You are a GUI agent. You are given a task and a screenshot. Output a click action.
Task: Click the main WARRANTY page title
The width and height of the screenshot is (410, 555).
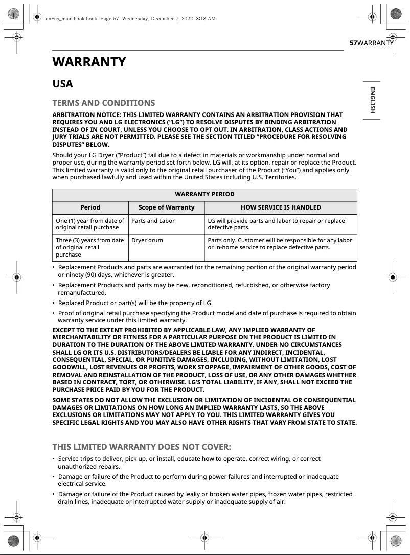pos(89,62)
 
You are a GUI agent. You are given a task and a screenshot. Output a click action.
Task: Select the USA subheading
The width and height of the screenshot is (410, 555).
pos(63,84)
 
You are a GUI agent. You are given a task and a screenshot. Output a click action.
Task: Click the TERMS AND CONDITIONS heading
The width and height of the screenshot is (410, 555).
pos(103,103)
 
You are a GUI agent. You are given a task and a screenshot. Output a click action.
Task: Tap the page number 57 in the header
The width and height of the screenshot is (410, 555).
pos(353,43)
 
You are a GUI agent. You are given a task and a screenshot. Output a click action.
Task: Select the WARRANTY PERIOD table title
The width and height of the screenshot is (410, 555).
pos(204,194)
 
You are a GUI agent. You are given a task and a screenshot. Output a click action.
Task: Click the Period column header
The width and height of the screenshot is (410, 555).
pos(90,207)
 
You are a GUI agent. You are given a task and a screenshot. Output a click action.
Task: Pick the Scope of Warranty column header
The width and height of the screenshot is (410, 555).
pos(166,207)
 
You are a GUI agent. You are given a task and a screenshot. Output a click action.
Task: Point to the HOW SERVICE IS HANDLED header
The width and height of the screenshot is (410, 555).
pos(281,207)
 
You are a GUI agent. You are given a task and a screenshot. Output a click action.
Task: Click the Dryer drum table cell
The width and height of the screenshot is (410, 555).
pos(147,240)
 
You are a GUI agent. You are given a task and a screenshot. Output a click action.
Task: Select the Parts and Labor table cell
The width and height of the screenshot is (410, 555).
pos(153,221)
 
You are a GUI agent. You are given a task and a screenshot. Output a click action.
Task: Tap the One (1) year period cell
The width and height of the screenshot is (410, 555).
pos(90,224)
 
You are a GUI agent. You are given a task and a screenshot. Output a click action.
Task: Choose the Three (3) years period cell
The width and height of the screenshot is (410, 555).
pos(90,247)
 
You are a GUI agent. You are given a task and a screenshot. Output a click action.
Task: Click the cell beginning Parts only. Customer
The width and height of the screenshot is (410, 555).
pos(280,243)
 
